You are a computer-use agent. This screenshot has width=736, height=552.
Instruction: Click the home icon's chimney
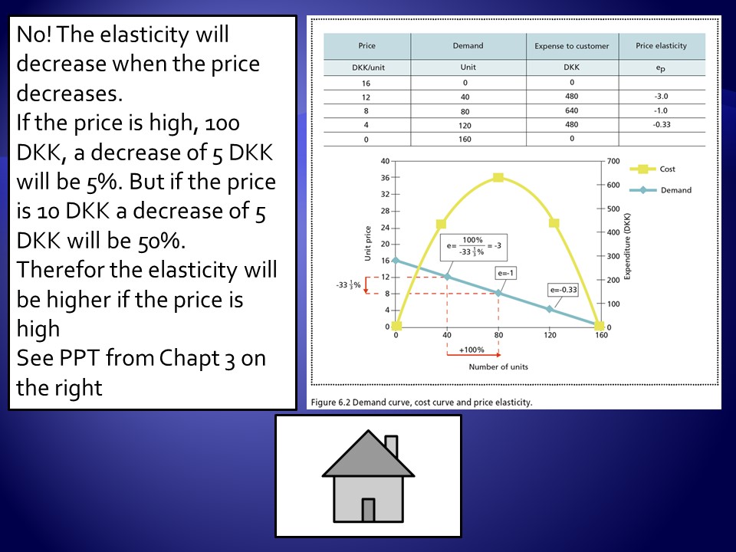coord(392,446)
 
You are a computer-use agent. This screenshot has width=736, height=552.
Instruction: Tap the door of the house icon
coord(369,511)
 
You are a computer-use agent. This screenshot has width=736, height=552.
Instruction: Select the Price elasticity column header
coord(661,45)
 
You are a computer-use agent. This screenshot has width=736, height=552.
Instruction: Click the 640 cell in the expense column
coord(572,110)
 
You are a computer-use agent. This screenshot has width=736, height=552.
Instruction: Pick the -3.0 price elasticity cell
coord(661,97)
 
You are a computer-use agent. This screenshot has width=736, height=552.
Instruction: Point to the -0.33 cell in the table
coord(662,124)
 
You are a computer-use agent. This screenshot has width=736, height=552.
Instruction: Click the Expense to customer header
coord(572,46)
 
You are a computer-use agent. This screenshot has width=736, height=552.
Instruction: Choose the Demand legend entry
coord(660,190)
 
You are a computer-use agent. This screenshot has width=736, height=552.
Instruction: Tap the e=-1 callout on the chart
coord(505,273)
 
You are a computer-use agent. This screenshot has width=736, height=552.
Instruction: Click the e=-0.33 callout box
coord(563,290)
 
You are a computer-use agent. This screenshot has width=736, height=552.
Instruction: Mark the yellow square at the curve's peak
coord(498,177)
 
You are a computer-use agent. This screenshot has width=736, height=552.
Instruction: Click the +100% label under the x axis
coord(472,350)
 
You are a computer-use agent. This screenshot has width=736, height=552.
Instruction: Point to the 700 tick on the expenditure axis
coord(613,161)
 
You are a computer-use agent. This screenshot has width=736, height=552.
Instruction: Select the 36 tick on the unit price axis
coord(385,177)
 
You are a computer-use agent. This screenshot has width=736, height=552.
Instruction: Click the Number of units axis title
coord(498,366)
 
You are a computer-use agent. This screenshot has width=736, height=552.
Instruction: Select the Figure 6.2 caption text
coord(422,402)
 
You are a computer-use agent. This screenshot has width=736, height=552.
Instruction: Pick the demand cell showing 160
coord(465,139)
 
